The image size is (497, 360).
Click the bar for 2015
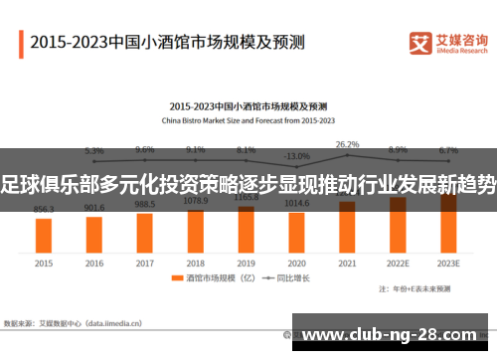pyautogui.click(x=44, y=235)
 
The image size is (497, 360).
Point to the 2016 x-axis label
pyautogui.click(x=94, y=264)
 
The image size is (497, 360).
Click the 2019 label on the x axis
pyautogui.click(x=246, y=264)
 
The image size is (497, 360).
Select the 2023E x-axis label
pyautogui.click(x=448, y=264)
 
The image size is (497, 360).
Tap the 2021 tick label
pyautogui.click(x=347, y=264)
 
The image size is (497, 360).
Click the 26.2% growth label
pyautogui.click(x=347, y=144)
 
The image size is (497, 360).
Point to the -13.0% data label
pyautogui.click(x=296, y=156)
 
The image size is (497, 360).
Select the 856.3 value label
pyautogui.click(x=44, y=210)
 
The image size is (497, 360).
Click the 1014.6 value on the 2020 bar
pyautogui.click(x=296, y=202)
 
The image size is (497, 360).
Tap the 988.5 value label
pyautogui.click(x=145, y=204)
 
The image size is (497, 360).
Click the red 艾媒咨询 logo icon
pyautogui.click(x=420, y=42)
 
